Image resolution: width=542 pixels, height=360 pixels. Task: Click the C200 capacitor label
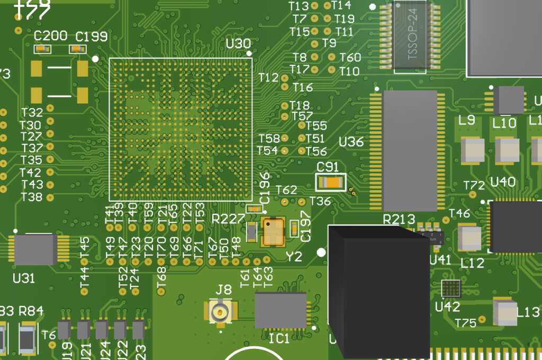pos(50,36)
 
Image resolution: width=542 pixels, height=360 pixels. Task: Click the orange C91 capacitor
pos(331,183)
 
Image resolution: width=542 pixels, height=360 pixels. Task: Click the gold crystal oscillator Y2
pos(274,232)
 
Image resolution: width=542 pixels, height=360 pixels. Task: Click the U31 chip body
pos(35,250)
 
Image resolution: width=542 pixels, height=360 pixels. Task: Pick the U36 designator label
pos(351,142)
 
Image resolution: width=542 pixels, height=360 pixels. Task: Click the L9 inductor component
pos(472,150)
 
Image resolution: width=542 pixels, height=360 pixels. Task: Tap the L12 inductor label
pos(472,263)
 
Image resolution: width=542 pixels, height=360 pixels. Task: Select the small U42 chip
pos(451,289)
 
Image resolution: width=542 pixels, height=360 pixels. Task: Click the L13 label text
pos(528,312)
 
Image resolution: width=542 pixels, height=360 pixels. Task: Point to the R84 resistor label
pos(31,311)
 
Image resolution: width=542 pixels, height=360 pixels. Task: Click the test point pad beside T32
pos(51,109)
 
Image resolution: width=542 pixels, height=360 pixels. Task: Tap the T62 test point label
pos(286,190)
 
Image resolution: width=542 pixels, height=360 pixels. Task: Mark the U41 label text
pos(440,260)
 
